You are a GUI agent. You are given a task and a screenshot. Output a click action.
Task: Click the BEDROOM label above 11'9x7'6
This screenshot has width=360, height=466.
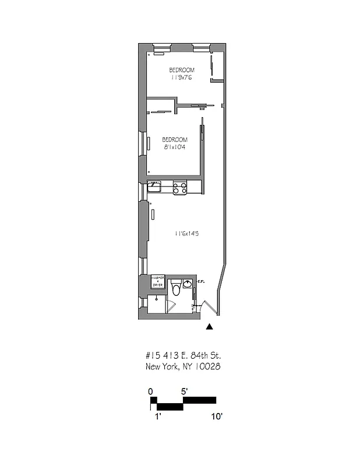[x=182, y=70]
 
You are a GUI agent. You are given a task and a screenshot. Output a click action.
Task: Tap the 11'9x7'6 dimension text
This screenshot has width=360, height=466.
[x=182, y=77]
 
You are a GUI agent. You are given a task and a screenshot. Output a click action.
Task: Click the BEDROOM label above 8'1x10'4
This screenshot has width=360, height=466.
[x=175, y=140]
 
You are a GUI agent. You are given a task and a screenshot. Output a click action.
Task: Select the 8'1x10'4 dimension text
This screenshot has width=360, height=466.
[x=175, y=147]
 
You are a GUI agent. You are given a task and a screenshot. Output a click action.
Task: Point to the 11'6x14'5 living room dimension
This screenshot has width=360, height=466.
[x=187, y=234]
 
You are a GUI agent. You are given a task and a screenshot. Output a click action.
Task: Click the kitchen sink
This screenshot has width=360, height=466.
[x=154, y=187]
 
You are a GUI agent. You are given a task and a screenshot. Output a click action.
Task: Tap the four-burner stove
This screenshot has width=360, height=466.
[x=179, y=188]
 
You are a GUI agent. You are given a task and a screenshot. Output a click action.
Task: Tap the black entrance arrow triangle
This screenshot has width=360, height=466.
[x=210, y=327]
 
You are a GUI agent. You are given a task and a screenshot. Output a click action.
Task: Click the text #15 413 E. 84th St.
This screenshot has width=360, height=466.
[x=182, y=355]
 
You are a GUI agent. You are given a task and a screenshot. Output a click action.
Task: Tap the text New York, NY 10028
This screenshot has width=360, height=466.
[x=182, y=366]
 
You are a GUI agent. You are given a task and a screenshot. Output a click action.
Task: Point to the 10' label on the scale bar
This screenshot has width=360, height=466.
[x=217, y=416]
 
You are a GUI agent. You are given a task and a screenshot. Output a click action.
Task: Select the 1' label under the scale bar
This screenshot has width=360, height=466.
[x=157, y=416]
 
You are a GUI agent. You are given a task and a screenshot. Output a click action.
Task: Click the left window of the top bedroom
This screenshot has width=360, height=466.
[x=158, y=46]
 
